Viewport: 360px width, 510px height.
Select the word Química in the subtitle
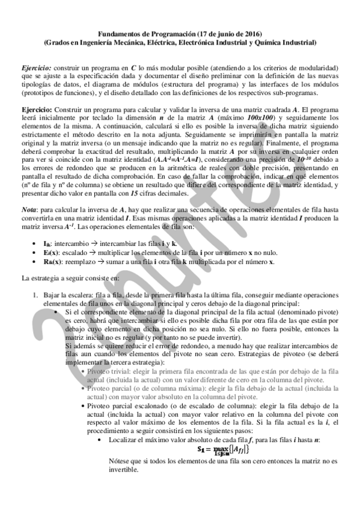267,43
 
